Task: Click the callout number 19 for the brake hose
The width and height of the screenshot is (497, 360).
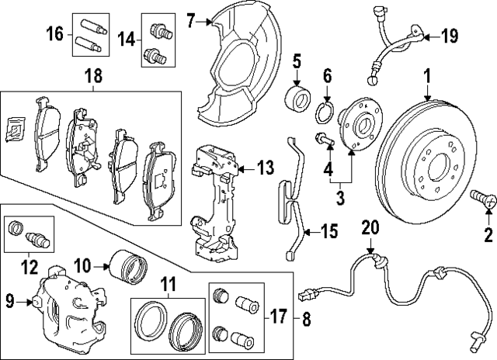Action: coord(450,35)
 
